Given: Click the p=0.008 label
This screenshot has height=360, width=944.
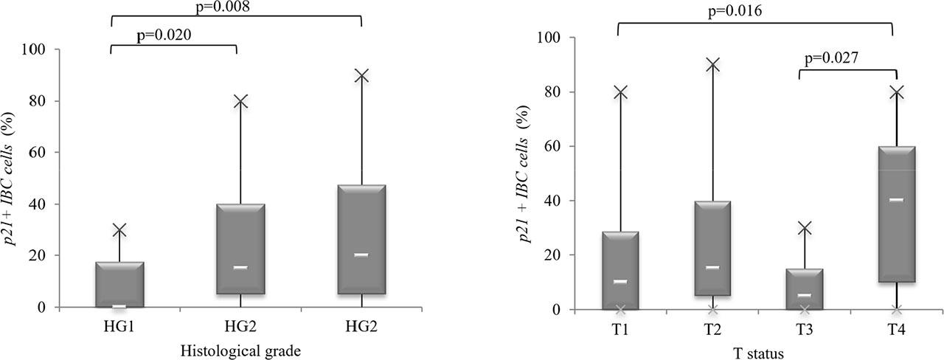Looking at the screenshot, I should (x=236, y=7).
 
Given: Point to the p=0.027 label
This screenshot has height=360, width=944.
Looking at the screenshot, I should (x=830, y=58).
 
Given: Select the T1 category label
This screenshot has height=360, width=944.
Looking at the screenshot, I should (x=620, y=328).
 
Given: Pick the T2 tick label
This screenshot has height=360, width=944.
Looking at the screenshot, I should (x=712, y=328).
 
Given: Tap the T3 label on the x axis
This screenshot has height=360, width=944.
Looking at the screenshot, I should (x=804, y=328).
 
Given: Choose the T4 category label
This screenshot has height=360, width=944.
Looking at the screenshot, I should (x=897, y=328).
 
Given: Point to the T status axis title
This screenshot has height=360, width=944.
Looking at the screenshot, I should (x=757, y=353).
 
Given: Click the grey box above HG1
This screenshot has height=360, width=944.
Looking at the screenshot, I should (x=119, y=284).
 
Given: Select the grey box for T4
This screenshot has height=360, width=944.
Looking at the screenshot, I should (x=897, y=214).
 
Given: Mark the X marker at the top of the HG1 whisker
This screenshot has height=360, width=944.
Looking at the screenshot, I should (x=119, y=230).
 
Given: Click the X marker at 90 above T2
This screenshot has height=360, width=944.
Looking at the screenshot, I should (x=712, y=65).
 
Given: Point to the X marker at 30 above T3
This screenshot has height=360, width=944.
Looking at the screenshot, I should (x=805, y=228).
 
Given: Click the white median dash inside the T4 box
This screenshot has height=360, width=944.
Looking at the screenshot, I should (x=897, y=200).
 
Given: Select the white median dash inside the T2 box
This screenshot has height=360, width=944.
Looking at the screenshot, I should (x=712, y=267).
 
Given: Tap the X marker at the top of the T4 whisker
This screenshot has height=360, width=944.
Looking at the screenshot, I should (x=897, y=92).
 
